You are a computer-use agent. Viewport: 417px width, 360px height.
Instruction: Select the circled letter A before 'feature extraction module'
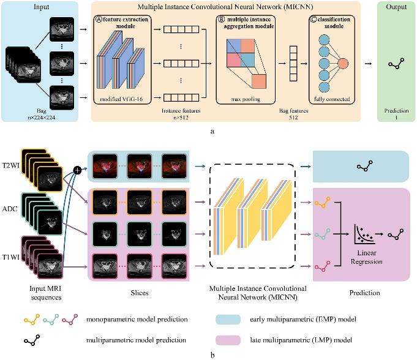tap(98, 20)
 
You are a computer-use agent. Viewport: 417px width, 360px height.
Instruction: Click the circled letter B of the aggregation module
tap(220, 20)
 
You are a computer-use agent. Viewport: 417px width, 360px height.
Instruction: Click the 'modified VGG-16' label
tap(124, 99)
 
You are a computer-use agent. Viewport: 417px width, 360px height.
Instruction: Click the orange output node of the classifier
tap(343, 62)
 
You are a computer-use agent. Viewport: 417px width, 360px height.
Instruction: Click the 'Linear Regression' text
tap(367, 258)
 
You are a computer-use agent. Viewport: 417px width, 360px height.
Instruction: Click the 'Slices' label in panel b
tap(139, 293)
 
